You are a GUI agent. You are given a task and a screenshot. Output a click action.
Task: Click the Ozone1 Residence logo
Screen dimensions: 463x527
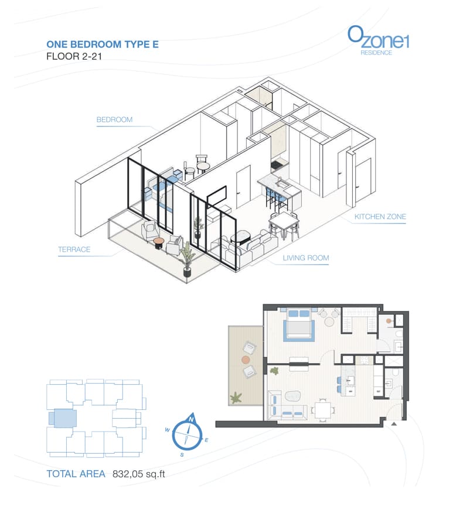[378, 40]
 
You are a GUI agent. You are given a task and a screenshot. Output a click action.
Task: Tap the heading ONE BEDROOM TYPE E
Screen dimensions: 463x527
[103, 45]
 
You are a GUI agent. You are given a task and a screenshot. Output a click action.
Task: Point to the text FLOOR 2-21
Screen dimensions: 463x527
[74, 56]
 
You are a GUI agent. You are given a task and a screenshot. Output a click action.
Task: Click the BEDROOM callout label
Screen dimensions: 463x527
[114, 119]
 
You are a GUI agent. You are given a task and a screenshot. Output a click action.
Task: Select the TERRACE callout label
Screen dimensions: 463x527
[74, 249]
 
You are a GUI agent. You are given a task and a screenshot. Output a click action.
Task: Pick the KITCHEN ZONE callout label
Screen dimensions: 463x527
[380, 217]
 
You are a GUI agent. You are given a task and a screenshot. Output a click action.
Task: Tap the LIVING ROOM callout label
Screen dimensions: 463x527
[306, 258]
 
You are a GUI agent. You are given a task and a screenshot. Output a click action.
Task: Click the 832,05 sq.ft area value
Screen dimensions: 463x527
[139, 474]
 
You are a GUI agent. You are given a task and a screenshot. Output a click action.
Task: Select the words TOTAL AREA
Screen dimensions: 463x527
[76, 474]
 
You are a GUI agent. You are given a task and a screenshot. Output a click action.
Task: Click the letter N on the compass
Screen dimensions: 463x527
[192, 419]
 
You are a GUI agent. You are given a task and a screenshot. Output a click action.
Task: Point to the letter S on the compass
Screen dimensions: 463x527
[182, 455]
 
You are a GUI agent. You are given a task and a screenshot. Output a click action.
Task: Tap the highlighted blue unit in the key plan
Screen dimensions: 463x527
[63, 419]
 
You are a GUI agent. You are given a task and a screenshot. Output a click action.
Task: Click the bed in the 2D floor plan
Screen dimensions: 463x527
[299, 324]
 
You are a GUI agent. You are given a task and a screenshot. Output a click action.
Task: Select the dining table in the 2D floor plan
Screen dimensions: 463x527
[323, 410]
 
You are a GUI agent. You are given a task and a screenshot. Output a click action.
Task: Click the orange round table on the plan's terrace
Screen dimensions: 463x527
[246, 360]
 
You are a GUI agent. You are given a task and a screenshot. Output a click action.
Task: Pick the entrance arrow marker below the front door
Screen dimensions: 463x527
[394, 424]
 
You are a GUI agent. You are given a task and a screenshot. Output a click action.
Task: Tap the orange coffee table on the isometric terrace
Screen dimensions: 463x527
[159, 242]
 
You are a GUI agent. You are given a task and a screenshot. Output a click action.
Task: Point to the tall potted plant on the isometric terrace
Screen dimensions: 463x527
[186, 259]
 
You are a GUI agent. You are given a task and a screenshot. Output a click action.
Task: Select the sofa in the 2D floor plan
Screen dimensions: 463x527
[285, 406]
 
